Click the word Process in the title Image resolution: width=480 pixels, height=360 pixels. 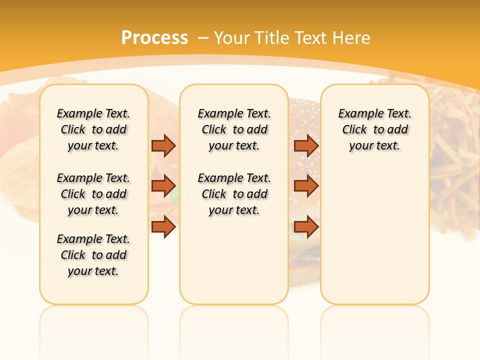point(154,38)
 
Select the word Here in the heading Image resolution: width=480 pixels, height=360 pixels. point(351,38)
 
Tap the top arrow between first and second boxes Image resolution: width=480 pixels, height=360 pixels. point(163,145)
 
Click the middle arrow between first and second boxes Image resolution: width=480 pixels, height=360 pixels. point(163,186)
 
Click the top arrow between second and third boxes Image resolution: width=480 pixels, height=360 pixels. point(306,145)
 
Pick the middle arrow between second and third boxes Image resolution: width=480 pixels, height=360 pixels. point(306,186)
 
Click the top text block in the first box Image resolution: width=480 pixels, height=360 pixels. point(93,129)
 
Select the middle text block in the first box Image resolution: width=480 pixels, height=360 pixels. point(93,194)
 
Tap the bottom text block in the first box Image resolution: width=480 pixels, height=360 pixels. point(93,255)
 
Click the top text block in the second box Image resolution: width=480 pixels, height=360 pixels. point(234,129)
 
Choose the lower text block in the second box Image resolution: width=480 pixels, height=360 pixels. point(234,194)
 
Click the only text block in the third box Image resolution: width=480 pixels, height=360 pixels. point(374,129)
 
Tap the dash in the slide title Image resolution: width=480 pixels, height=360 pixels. point(203,38)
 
